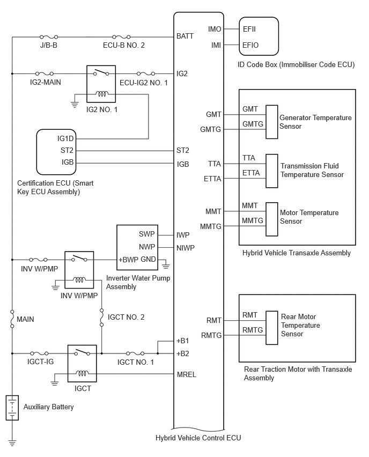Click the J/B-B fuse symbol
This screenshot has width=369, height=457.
click(49, 37)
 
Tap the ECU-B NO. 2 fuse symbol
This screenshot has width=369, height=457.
click(121, 37)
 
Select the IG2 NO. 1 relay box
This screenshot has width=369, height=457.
click(101, 84)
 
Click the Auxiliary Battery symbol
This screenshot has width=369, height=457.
click(12, 408)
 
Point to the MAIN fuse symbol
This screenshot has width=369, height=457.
click(12, 319)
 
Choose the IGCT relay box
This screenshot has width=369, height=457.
click(82, 364)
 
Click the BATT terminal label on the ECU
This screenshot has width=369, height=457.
click(185, 36)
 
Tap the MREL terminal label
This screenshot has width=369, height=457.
click(187, 374)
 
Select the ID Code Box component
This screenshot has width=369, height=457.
click(259, 36)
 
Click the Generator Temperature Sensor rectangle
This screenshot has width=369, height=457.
click(271, 122)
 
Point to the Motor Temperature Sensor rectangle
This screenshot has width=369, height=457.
click(271, 219)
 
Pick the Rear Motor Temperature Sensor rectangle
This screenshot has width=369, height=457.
click(271, 328)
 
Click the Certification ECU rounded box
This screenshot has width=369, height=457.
click(56, 152)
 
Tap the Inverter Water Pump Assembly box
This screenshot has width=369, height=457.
click(137, 247)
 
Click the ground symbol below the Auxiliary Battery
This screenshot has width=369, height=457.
click(12, 443)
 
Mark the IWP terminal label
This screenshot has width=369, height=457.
click(183, 235)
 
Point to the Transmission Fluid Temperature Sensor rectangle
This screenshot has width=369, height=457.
click(271, 171)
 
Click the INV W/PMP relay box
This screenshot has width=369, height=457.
click(79, 270)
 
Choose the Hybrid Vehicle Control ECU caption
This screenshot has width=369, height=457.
click(198, 438)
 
